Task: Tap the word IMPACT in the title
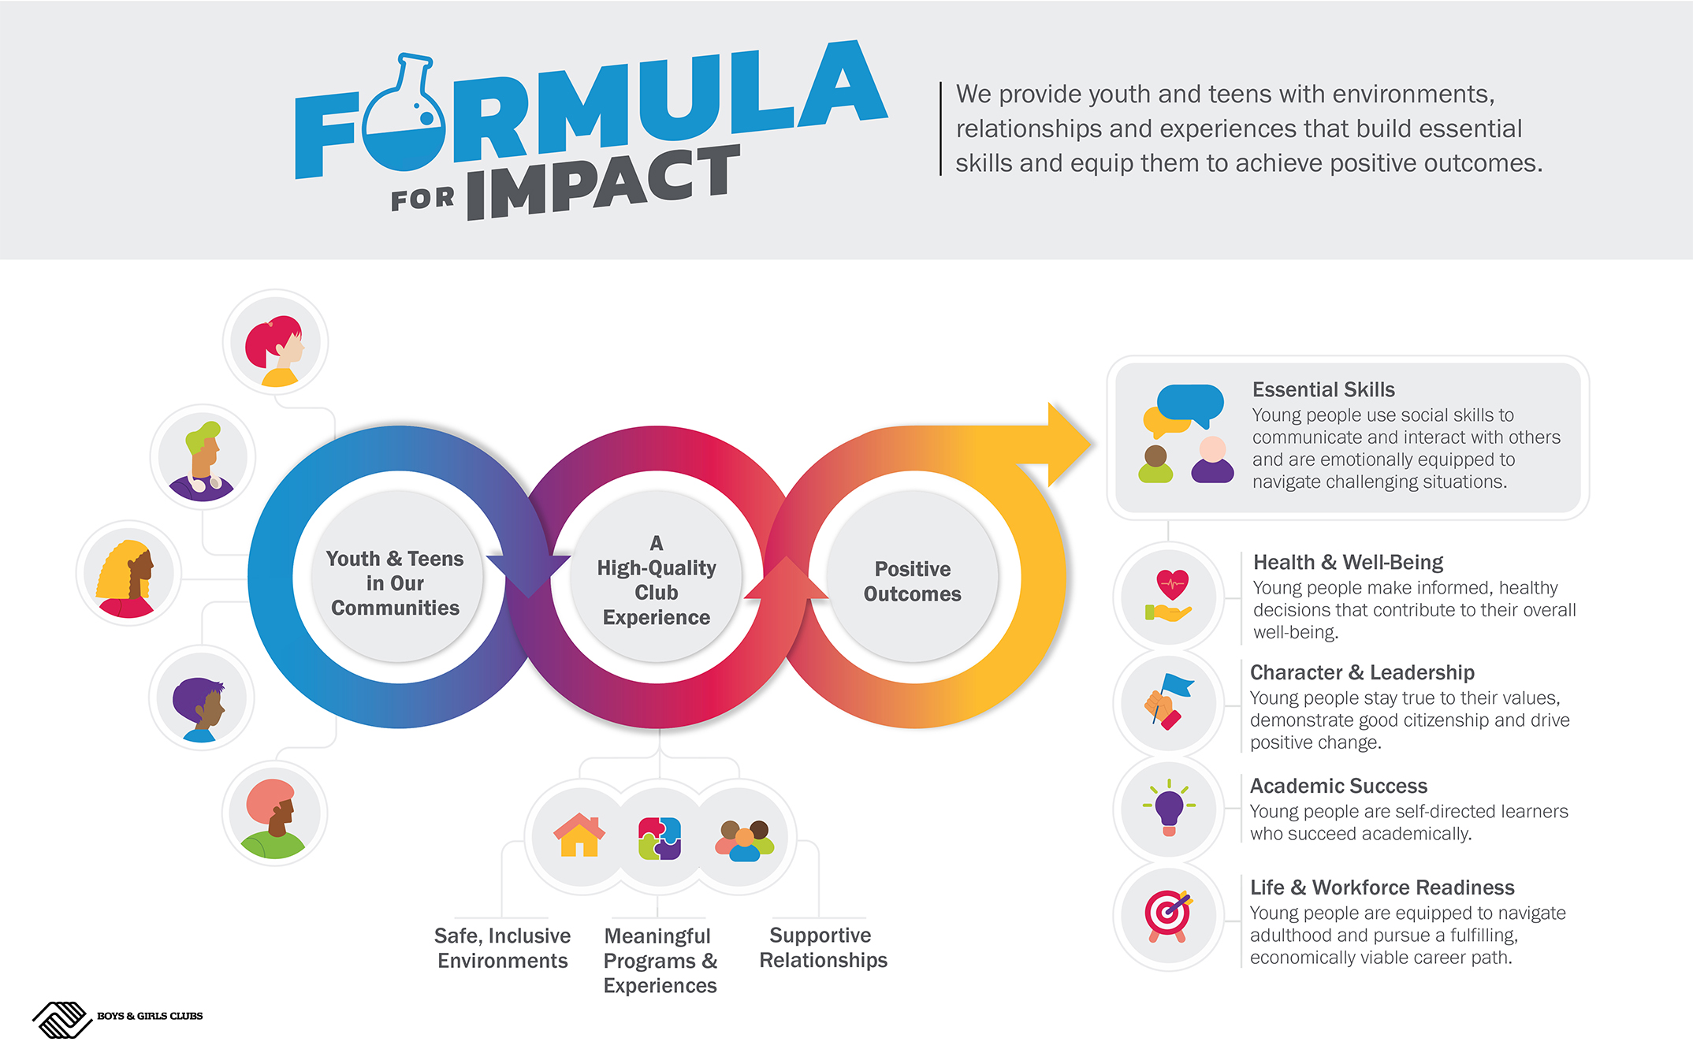pyautogui.click(x=604, y=183)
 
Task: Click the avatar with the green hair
pyautogui.click(x=203, y=461)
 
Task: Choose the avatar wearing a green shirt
pyautogui.click(x=273, y=819)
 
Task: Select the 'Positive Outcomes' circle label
pyautogui.click(x=913, y=581)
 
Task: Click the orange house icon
pyautogui.click(x=579, y=835)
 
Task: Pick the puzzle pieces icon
pyautogui.click(x=660, y=838)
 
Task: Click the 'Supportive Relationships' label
pyautogui.click(x=823, y=947)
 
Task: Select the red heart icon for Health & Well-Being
pyautogui.click(x=1173, y=585)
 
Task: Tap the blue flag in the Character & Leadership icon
pyautogui.click(x=1178, y=685)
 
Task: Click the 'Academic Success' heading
pyautogui.click(x=1338, y=786)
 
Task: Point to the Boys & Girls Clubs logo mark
pyautogui.click(x=62, y=1020)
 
